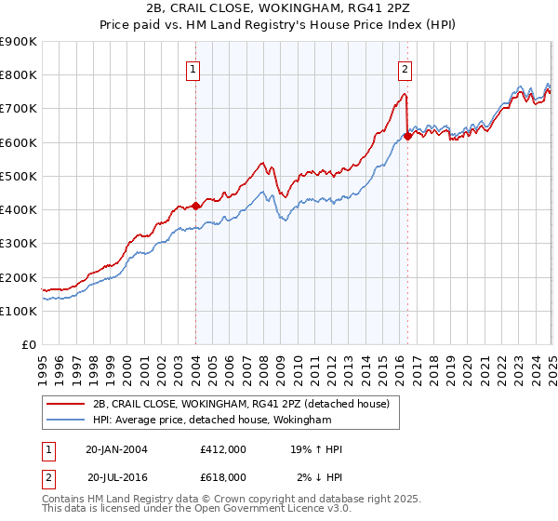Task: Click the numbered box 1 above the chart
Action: [x=193, y=67]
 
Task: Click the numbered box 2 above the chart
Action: [x=405, y=67]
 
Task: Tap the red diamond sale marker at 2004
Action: [x=196, y=206]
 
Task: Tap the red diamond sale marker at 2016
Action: [x=407, y=136]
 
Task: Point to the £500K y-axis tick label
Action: [x=19, y=176]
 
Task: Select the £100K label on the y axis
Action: [x=19, y=311]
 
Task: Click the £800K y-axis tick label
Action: [x=19, y=74]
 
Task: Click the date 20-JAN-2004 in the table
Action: [x=116, y=449]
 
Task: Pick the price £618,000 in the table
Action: [x=222, y=476]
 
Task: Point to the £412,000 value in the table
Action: [x=222, y=449]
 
